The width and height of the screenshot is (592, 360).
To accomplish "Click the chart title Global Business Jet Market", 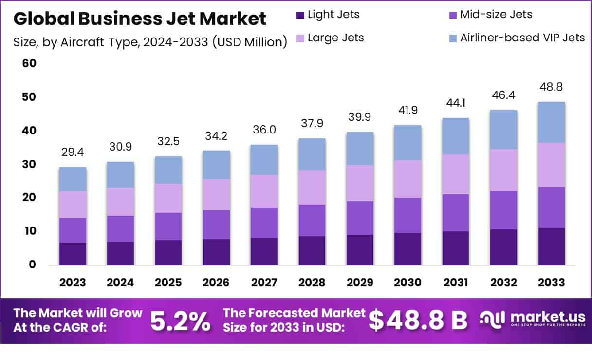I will point(140,19).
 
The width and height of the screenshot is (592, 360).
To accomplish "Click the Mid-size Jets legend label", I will point(496,15).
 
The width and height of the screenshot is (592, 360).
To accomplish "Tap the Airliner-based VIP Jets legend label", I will point(522,38).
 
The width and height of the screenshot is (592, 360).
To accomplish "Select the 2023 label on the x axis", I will point(73,283).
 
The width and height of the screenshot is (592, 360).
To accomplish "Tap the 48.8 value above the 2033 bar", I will point(551,87).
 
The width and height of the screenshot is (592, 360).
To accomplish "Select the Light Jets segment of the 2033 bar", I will point(551,246).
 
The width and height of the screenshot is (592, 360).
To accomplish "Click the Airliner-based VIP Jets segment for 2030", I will point(407,143).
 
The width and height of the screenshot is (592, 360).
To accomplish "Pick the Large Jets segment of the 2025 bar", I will point(168,198).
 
